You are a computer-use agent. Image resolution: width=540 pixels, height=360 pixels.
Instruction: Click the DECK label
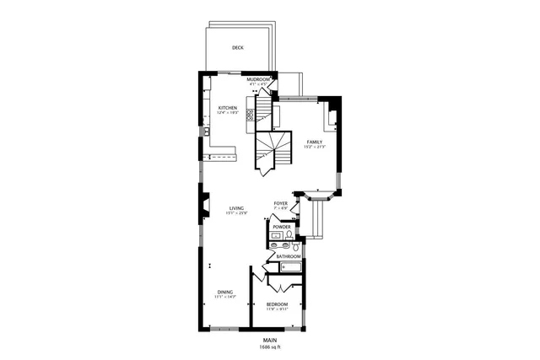tap(238, 48)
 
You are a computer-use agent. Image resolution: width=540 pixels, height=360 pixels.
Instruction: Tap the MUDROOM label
tap(258, 79)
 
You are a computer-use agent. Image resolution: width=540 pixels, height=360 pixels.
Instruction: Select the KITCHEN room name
tap(228, 108)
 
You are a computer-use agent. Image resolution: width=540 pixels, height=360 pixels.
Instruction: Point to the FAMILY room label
tap(315, 142)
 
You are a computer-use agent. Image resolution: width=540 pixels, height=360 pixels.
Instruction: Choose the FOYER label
tap(281, 204)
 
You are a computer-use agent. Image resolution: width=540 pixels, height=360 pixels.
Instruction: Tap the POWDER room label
tap(282, 227)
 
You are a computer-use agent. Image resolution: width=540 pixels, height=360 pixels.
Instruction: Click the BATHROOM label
tap(289, 255)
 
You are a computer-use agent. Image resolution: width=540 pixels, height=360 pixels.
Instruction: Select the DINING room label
tap(224, 292)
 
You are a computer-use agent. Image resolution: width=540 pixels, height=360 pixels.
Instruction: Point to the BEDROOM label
tap(277, 304)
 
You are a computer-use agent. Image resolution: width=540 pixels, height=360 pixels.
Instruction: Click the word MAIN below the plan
tap(269, 340)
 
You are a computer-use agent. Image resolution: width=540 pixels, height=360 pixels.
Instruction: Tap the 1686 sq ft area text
tap(269, 347)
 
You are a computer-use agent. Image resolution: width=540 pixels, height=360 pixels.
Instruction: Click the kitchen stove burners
tap(250, 116)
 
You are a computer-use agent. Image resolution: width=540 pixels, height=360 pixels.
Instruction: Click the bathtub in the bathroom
tap(291, 267)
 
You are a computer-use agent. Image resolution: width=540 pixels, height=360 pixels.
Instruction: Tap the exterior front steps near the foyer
tap(318, 221)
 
